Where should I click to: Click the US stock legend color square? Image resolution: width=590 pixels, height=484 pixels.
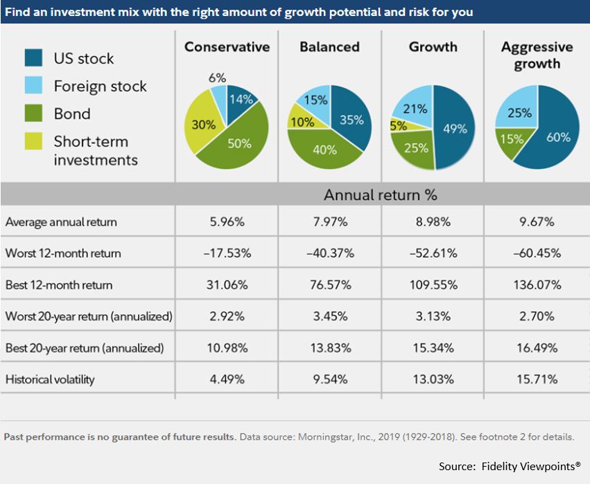[33, 57]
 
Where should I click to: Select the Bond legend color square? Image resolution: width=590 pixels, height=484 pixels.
[33, 113]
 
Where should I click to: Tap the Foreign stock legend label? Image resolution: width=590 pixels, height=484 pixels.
[100, 86]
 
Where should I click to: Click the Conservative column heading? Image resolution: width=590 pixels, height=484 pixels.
[227, 47]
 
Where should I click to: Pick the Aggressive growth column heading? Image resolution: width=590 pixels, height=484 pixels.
[537, 55]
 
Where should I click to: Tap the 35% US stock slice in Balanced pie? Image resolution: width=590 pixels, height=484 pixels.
[351, 120]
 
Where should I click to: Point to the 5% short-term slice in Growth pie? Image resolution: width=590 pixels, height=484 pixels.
[399, 126]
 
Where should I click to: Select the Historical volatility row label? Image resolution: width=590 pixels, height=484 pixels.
[50, 379]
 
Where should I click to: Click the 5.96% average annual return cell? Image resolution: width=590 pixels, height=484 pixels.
[227, 222]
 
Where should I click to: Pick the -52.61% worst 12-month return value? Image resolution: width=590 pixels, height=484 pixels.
[433, 253]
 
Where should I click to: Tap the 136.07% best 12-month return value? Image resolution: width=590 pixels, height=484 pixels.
[537, 285]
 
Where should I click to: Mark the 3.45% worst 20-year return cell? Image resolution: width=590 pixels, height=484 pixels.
[330, 316]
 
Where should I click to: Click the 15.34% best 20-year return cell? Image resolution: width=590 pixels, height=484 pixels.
[433, 348]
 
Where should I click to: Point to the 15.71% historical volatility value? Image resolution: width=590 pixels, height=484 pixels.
[537, 379]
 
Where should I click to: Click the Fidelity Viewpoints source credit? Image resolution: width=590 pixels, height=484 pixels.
[510, 466]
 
